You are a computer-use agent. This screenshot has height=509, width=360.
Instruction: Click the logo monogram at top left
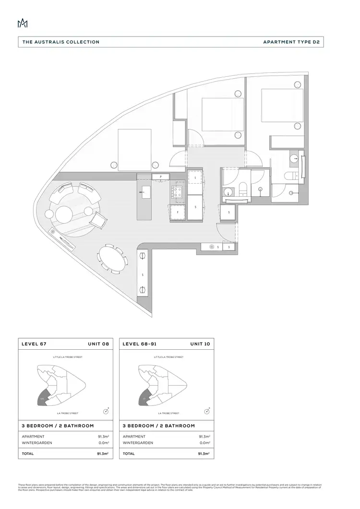point(23,24)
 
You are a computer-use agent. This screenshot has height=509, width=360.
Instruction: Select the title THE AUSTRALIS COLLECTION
point(61,42)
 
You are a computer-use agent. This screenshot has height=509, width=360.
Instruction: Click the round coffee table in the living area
point(64,213)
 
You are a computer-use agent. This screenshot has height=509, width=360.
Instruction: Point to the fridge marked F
point(177,212)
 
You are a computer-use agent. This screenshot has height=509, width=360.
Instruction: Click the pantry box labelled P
point(161,177)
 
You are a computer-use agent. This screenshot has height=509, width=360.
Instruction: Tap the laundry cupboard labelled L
point(196,178)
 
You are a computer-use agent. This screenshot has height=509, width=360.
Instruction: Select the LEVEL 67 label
point(34,344)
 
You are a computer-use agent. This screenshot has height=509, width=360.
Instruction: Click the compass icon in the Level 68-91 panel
point(207,411)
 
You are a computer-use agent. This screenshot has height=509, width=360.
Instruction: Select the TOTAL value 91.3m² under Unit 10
point(204,453)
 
